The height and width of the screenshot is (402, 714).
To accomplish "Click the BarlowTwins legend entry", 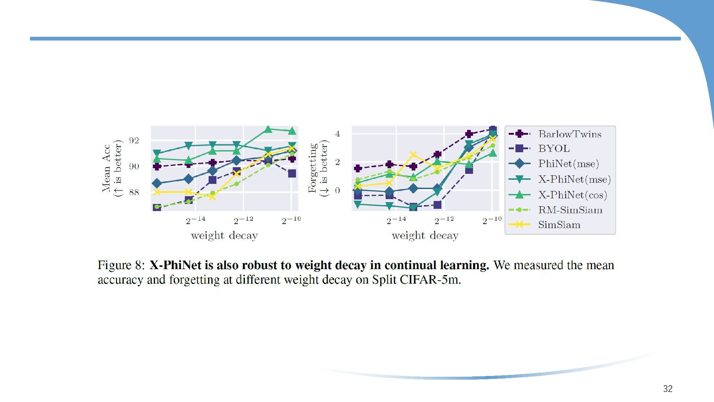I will (570, 134).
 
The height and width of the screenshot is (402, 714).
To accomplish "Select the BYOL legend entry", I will (554, 149).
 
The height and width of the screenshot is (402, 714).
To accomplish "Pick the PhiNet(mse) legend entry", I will (568, 163).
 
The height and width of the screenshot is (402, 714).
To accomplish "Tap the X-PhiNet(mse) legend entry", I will (574, 179).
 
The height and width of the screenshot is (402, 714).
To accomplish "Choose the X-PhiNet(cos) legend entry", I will (572, 195).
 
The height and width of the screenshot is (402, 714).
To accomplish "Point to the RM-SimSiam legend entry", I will (570, 210).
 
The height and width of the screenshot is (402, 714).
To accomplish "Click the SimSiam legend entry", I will (559, 225).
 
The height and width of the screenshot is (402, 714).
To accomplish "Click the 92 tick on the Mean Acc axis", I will (134, 141).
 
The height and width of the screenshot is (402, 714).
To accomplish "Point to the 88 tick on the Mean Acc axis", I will (134, 192).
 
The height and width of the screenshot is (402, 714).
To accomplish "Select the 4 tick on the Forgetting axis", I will (337, 134).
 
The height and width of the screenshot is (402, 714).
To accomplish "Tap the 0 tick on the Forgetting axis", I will (337, 191).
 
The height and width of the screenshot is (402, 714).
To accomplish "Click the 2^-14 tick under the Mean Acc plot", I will (196, 220).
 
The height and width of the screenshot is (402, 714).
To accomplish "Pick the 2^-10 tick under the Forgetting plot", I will (492, 220).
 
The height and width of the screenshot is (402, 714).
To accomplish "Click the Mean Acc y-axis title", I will (112, 168).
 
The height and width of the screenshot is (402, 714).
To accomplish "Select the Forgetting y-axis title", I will (318, 168).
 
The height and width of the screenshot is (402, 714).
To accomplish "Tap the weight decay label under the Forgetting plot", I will (425, 236).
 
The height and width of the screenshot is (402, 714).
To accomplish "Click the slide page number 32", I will (668, 389).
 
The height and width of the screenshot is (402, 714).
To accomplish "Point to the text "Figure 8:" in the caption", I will (121, 265).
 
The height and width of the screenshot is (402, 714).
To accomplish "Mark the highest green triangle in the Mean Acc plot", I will (268, 130).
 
